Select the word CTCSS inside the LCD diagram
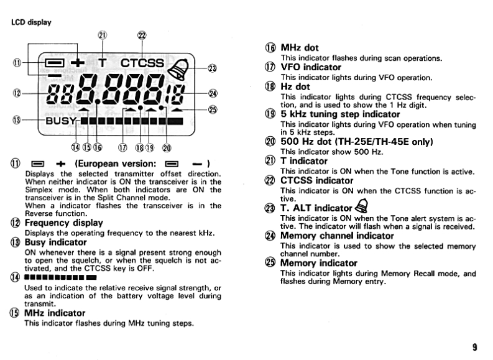(142, 63)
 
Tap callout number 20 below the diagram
(167, 147)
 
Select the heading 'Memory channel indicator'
(337, 236)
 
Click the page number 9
(474, 347)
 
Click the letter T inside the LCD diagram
(103, 63)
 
